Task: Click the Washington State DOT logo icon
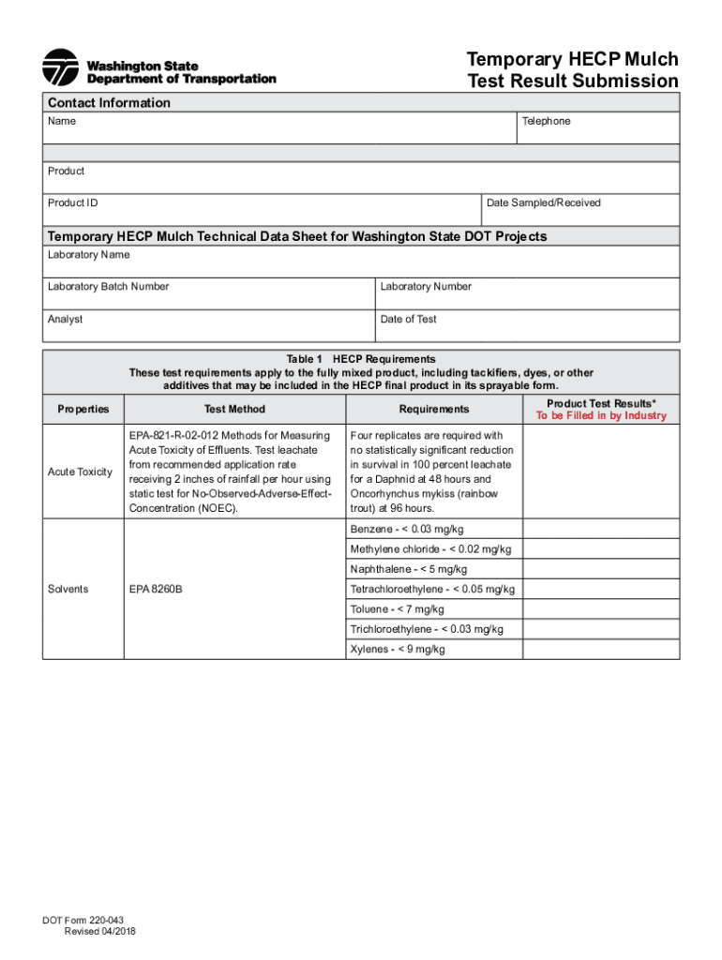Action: [61, 67]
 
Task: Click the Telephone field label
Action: [548, 122]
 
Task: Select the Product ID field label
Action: [72, 203]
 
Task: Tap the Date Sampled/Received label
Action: [544, 203]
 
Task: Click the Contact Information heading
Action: [109, 103]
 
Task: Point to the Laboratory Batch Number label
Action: [108, 287]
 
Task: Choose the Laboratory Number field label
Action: [426, 287]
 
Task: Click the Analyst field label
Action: [66, 320]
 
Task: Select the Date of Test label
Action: [409, 320]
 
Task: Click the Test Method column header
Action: [234, 410]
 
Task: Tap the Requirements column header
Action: [433, 410]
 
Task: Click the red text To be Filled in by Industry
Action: [601, 416]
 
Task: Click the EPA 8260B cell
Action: [157, 590]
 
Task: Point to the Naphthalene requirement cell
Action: [409, 569]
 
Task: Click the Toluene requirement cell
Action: [398, 609]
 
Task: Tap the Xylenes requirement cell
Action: [398, 650]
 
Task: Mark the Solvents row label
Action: [68, 590]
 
